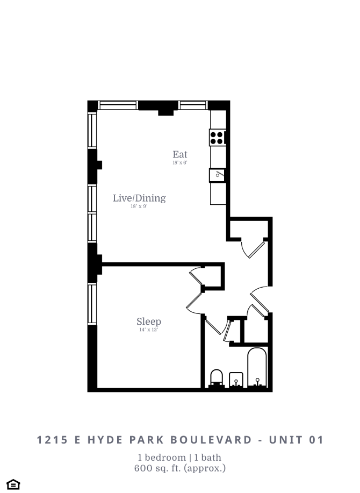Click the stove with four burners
(217, 137)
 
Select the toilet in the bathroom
(217, 378)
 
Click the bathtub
(258, 368)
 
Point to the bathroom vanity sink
(236, 380)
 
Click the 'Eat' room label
(180, 154)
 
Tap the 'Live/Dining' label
(139, 198)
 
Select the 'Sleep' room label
(148, 321)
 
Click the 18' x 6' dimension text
(180, 162)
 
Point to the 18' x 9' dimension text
(139, 206)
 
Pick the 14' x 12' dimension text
(148, 330)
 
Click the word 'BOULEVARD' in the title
(211, 440)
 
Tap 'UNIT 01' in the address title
(298, 440)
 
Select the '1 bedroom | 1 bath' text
(179, 458)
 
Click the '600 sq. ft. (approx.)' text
(179, 468)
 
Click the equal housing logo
(14, 484)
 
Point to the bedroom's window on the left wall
(92, 304)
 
